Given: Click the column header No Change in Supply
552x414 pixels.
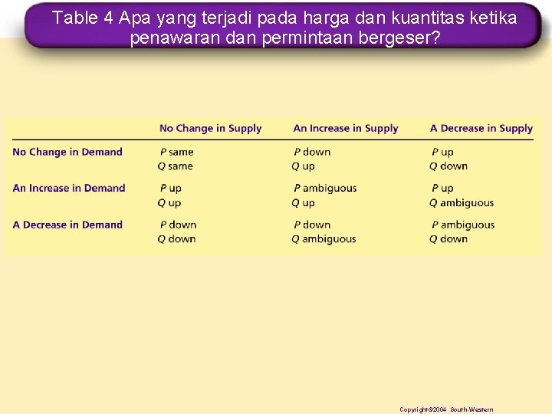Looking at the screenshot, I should click(210, 128).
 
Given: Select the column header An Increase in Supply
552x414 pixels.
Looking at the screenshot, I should click(346, 128).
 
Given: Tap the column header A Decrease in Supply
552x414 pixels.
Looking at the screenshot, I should click(481, 128).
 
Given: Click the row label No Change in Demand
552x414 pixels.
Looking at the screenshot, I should click(67, 152).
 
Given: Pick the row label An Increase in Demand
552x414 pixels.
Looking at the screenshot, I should click(69, 188).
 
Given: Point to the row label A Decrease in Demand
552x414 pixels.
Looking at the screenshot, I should click(67, 225).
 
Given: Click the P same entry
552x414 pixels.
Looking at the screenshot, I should click(176, 152).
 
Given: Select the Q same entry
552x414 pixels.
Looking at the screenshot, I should click(176, 166).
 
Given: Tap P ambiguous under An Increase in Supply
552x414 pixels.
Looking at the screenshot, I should click(325, 188).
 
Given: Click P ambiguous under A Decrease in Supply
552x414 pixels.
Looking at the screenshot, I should click(463, 225).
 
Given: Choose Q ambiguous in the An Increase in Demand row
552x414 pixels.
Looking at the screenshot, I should click(462, 202).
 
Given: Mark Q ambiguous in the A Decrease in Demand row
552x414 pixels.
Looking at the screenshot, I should click(324, 238).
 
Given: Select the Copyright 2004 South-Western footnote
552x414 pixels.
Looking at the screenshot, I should click(446, 409).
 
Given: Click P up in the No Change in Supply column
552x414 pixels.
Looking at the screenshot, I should click(170, 188).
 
